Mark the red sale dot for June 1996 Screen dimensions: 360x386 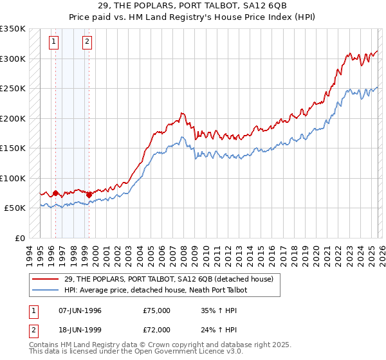55,193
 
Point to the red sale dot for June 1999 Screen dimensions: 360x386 89,195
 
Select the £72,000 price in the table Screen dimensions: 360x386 157,329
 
